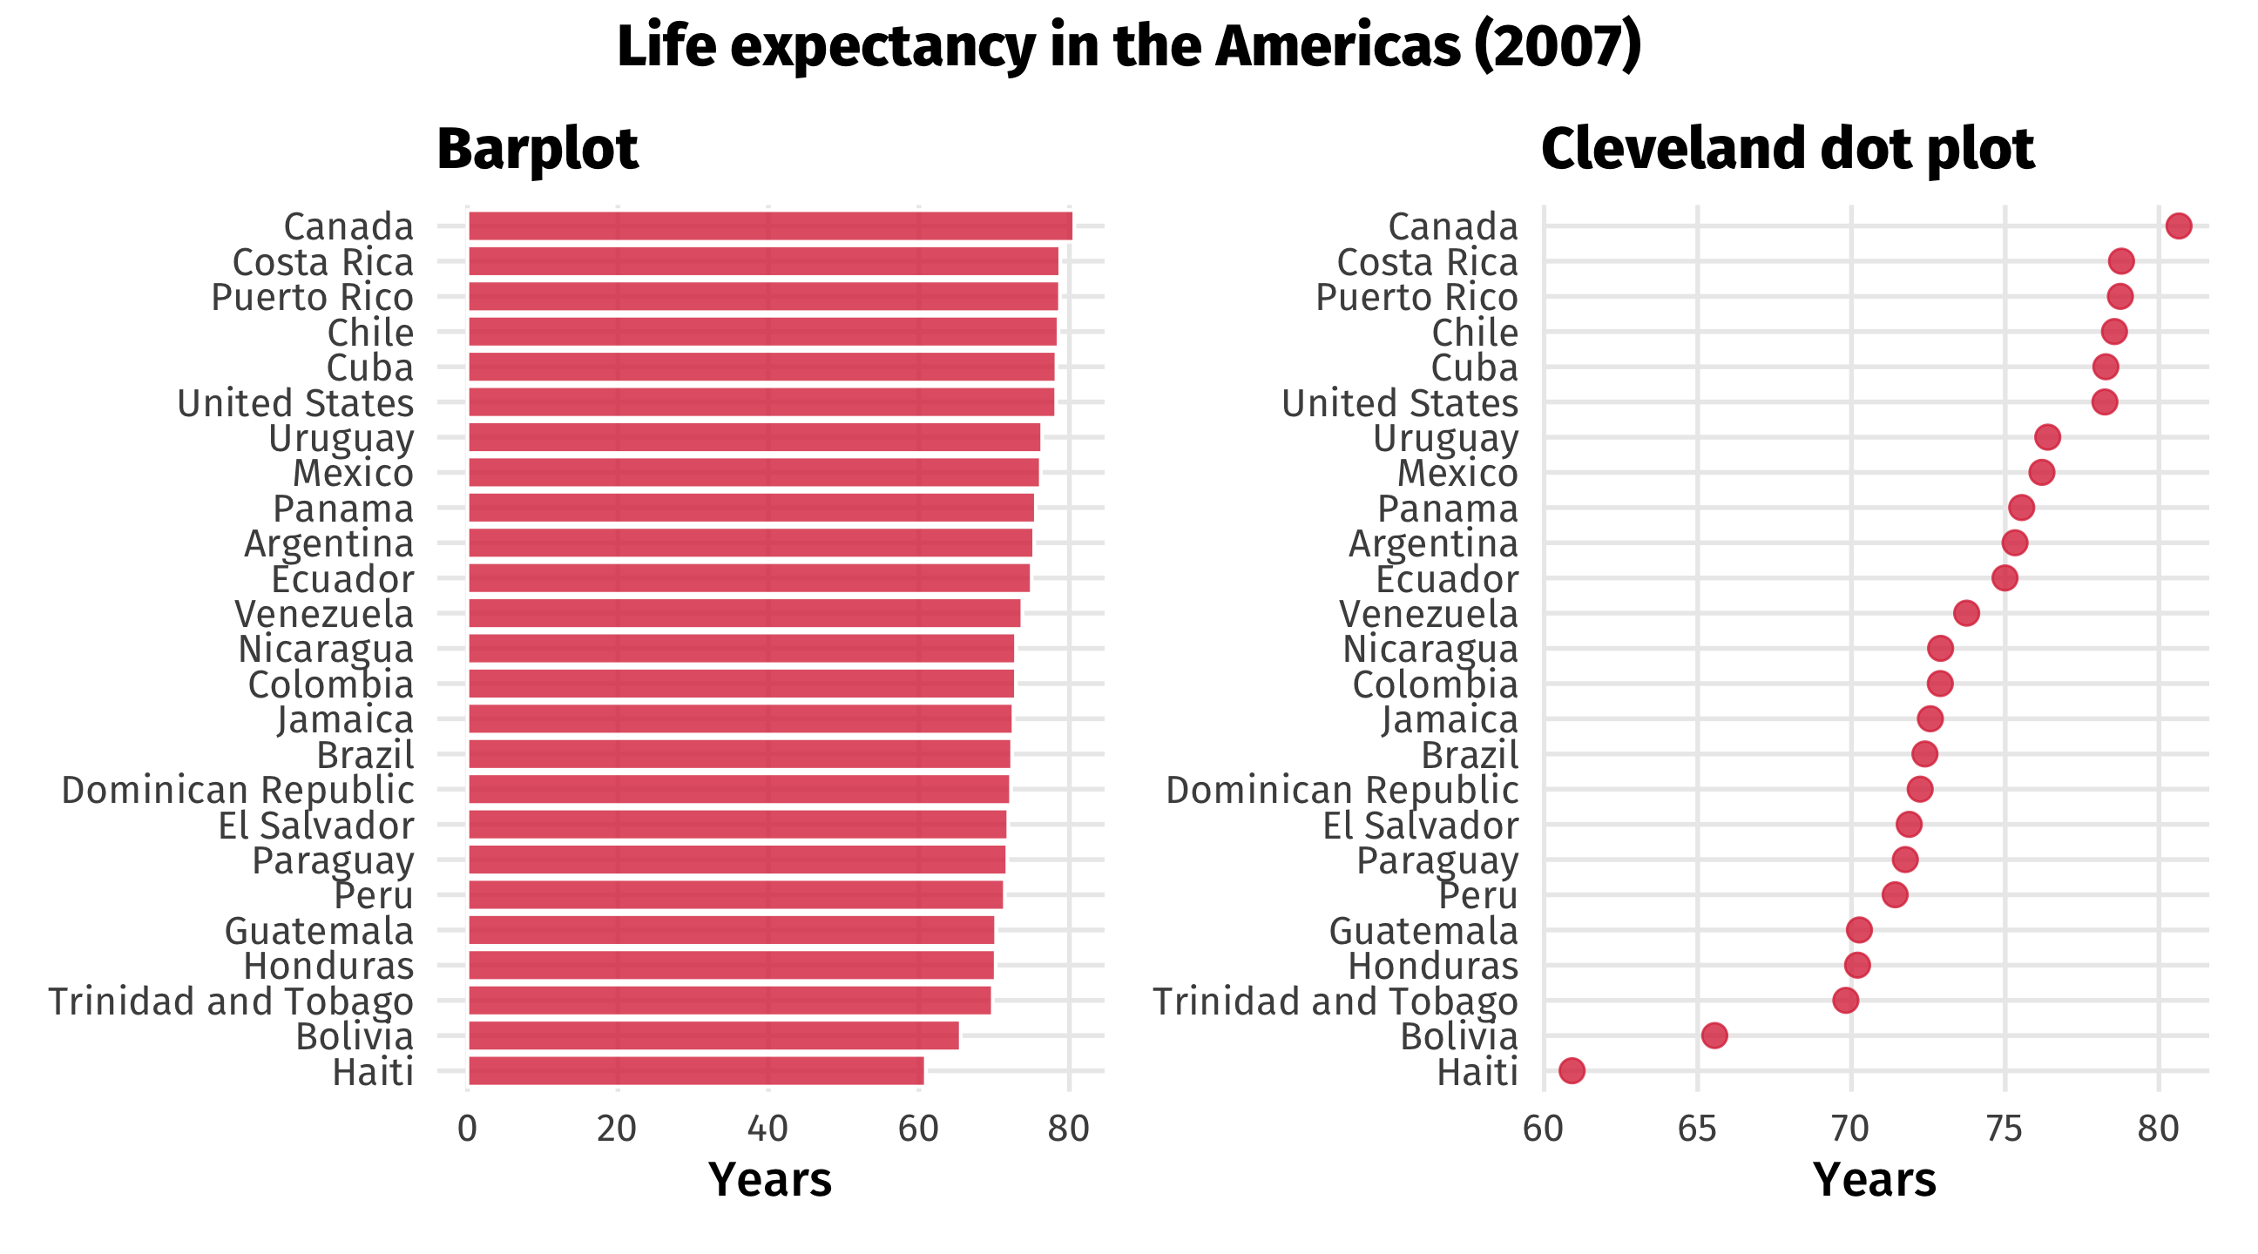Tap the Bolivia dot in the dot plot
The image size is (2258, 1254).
1714,1035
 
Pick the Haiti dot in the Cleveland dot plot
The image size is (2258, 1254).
1572,1070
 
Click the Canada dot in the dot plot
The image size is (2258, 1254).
2178,226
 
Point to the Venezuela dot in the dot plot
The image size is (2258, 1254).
1966,613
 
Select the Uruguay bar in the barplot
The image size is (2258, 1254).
754,437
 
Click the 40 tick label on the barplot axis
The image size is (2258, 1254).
767,1129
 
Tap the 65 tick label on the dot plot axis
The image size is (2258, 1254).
1697,1129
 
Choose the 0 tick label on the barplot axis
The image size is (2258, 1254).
467,1129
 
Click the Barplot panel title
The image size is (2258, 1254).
537,149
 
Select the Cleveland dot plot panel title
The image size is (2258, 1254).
1788,149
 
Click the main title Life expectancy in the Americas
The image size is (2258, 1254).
1129,46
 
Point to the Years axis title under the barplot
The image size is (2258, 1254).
769,1179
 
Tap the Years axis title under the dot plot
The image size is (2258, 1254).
1874,1179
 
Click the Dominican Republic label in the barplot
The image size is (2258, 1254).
238,791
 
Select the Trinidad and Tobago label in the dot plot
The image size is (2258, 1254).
1335,1001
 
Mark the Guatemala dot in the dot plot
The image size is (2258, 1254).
1858,930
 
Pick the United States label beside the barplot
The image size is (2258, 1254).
295,403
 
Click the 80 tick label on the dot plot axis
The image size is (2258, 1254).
2158,1129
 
